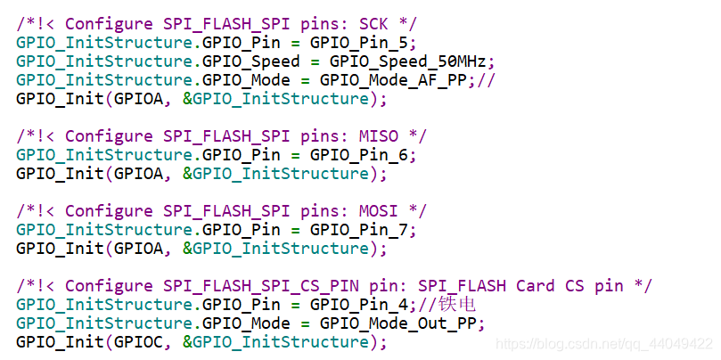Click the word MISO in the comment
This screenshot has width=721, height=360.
(378, 135)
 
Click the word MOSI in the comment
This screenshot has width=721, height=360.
(378, 211)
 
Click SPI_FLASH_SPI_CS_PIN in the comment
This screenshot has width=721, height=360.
(256, 286)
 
